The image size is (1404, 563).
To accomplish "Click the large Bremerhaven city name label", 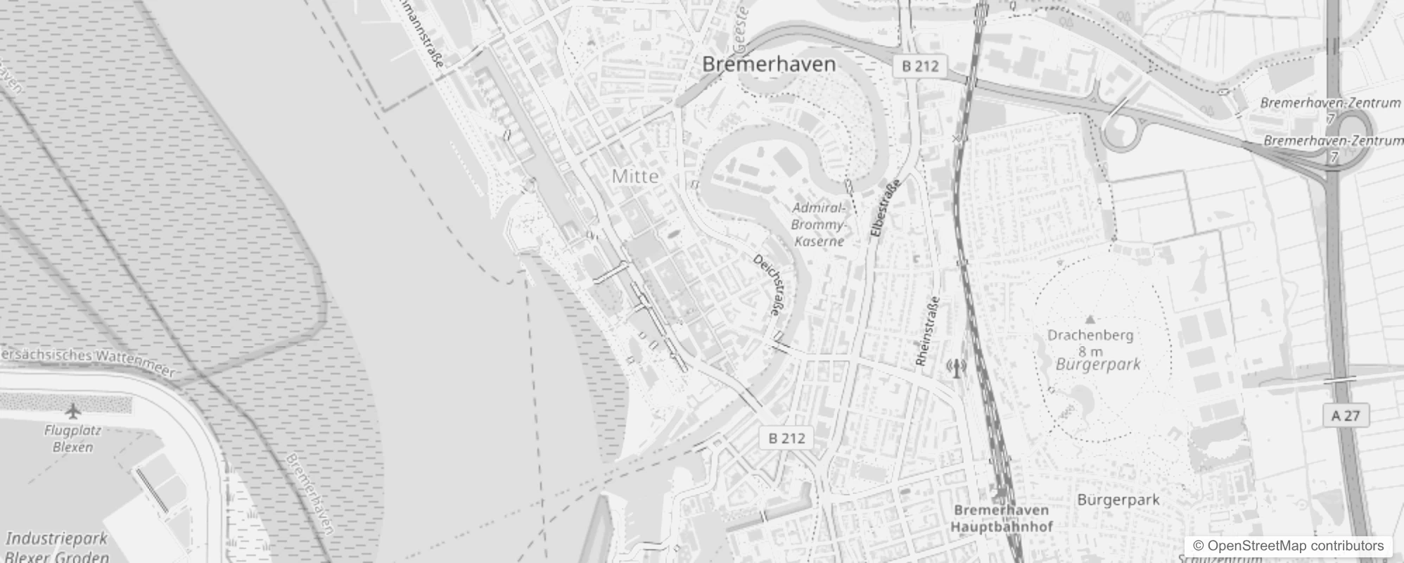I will click(x=769, y=65).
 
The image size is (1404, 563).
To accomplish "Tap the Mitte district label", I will click(x=635, y=176).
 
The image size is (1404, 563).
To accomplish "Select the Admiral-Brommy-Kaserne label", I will click(x=818, y=224).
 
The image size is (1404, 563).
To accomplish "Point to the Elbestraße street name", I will click(x=886, y=209).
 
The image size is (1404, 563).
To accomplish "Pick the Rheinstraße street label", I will click(x=928, y=331).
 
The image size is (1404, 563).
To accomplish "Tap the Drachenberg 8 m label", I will click(x=1090, y=343).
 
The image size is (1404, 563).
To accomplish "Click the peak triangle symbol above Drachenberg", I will click(x=1090, y=320).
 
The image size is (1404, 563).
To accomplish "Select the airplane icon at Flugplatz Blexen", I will click(x=72, y=410).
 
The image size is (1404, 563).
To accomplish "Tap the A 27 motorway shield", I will click(x=1346, y=416).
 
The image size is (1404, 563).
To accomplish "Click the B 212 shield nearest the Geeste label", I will click(x=920, y=66).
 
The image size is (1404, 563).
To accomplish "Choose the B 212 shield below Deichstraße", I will click(x=786, y=438).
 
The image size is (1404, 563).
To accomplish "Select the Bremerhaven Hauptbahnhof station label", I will click(x=1001, y=518).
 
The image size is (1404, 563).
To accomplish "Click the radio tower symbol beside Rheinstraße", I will click(x=956, y=367).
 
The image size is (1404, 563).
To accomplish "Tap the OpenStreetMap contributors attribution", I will click(x=1287, y=546).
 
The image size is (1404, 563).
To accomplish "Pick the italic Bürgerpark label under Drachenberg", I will click(x=1098, y=365).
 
